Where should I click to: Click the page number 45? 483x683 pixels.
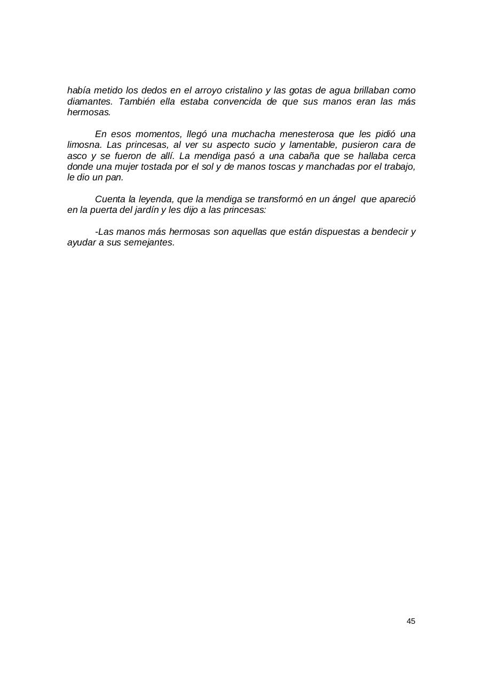coord(410,621)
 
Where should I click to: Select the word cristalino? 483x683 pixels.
coord(242,91)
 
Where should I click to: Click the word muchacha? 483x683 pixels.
coord(254,134)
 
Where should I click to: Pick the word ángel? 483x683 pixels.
coord(343,200)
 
